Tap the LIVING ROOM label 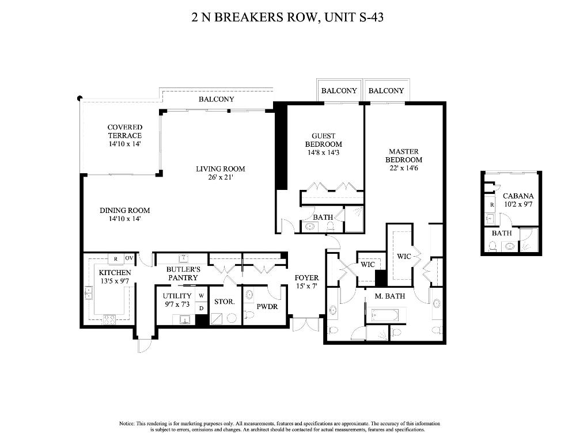220,169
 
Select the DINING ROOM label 124,211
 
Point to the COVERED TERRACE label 124,131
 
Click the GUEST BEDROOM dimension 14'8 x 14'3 323,153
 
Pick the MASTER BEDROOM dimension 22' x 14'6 403,168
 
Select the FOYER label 306,277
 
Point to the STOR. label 224,301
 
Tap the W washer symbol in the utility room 202,296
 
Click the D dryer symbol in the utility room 202,308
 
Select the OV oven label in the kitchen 129,258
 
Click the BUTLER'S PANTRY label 183,273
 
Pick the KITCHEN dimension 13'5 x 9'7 115,281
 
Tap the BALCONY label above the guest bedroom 339,91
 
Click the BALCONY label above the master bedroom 386,91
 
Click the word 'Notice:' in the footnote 127,423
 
